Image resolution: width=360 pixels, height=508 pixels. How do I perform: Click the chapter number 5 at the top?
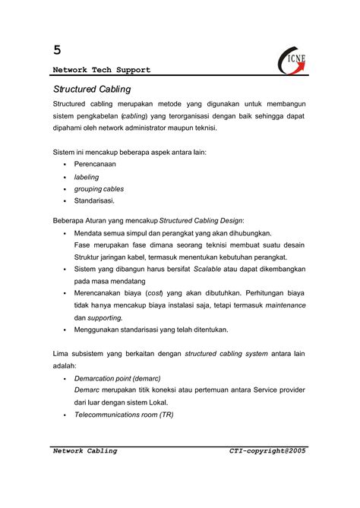57,50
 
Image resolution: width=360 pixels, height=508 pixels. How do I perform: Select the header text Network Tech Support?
102,70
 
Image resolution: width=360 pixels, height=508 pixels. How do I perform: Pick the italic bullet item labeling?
87,176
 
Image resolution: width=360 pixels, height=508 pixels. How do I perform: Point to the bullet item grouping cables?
99,188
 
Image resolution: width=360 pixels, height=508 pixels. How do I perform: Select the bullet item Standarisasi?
95,200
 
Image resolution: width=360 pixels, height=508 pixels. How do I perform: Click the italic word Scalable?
207,269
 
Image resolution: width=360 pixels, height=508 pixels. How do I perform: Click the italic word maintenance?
285,304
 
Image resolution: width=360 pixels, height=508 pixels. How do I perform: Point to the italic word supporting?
104,317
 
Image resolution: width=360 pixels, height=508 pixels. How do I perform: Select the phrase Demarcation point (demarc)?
117,377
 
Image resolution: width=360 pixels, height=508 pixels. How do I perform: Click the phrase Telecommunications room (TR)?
124,415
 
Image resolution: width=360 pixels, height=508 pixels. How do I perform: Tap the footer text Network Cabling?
85,451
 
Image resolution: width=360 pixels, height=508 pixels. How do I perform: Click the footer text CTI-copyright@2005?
267,451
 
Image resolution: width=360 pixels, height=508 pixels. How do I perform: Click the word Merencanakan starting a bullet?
103,292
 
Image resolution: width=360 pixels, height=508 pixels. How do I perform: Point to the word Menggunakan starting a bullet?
99,330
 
